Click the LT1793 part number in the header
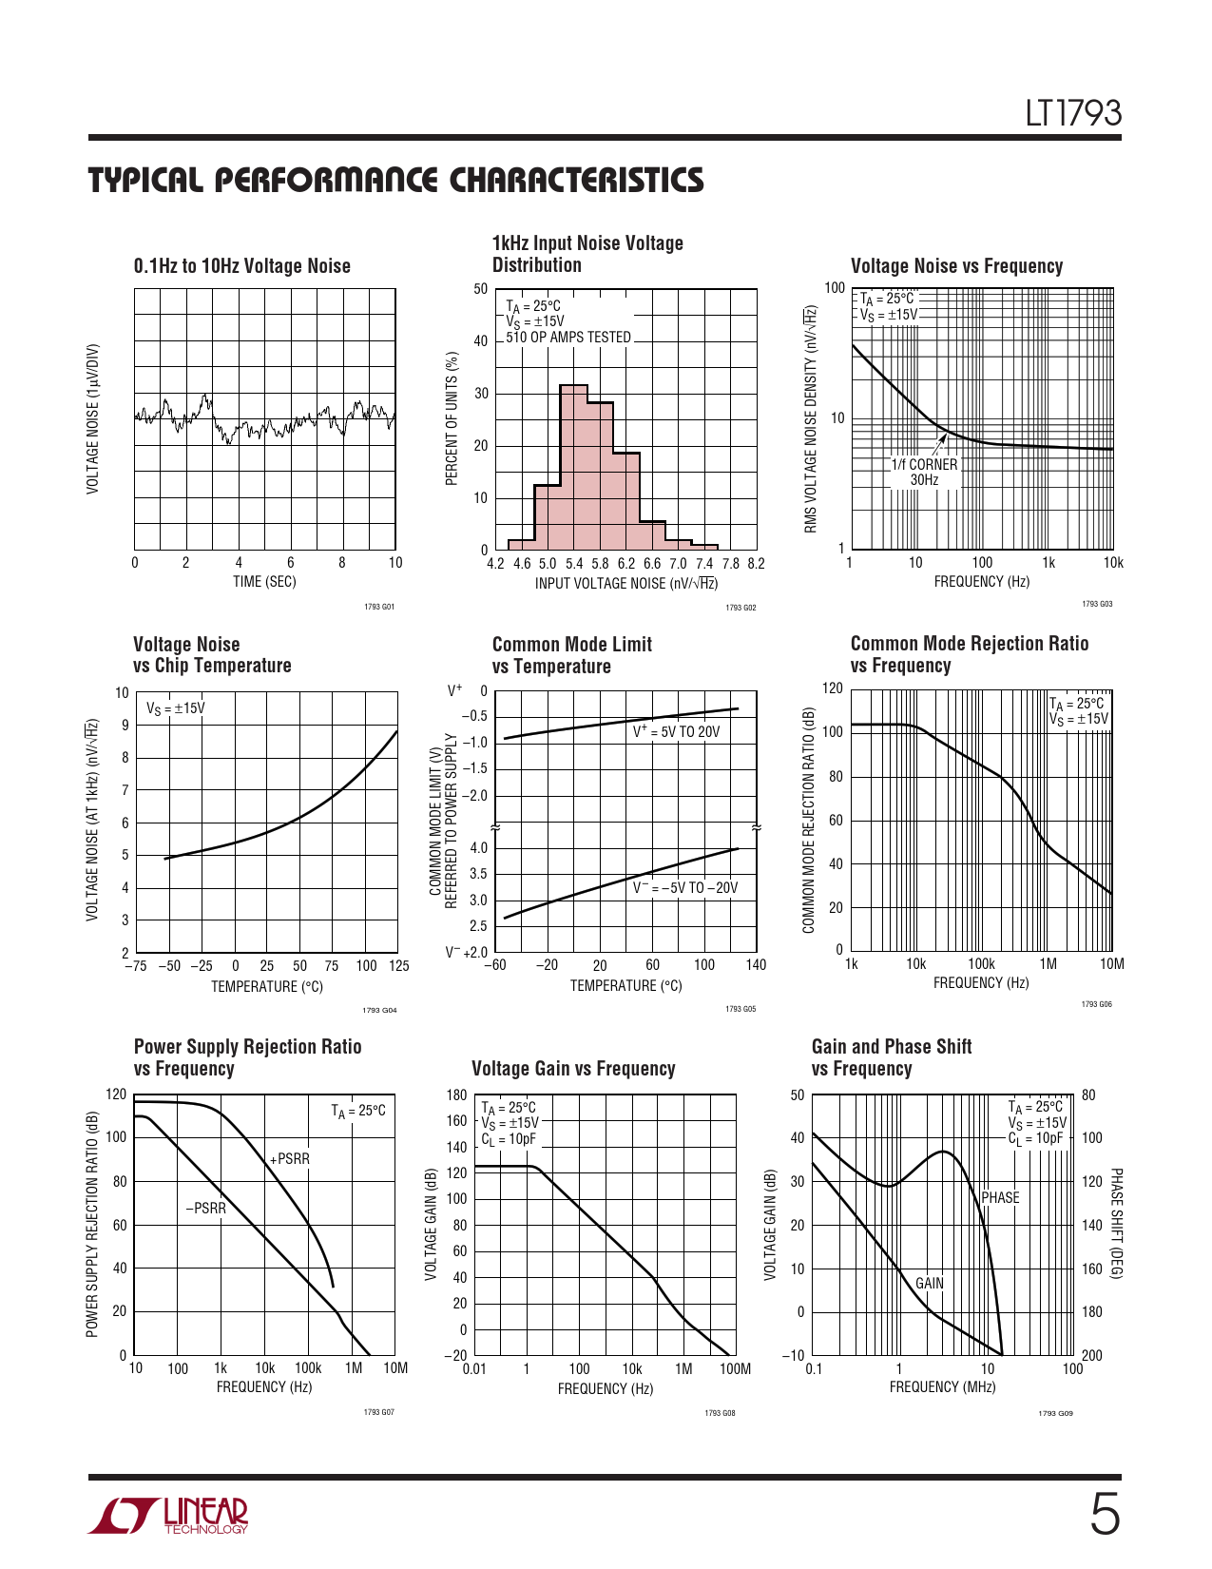point(1073,114)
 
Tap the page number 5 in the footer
point(1104,1515)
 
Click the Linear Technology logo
point(168,1516)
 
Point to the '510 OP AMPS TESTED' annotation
point(568,338)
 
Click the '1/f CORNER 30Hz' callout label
point(924,473)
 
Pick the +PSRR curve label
point(290,1159)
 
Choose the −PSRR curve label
point(206,1209)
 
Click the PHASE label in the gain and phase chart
point(1000,1198)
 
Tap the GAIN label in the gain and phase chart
point(930,1284)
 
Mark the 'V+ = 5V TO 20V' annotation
point(677,732)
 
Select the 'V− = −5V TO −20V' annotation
point(685,888)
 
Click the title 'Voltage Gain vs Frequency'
point(573,1069)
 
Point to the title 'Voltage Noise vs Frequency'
point(956,266)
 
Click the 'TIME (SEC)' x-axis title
point(264,582)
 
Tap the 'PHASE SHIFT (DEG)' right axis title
point(1116,1224)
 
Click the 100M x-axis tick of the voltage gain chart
point(735,1369)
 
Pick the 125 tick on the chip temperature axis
point(398,966)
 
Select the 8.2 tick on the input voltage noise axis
point(756,564)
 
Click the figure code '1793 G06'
point(1096,1004)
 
